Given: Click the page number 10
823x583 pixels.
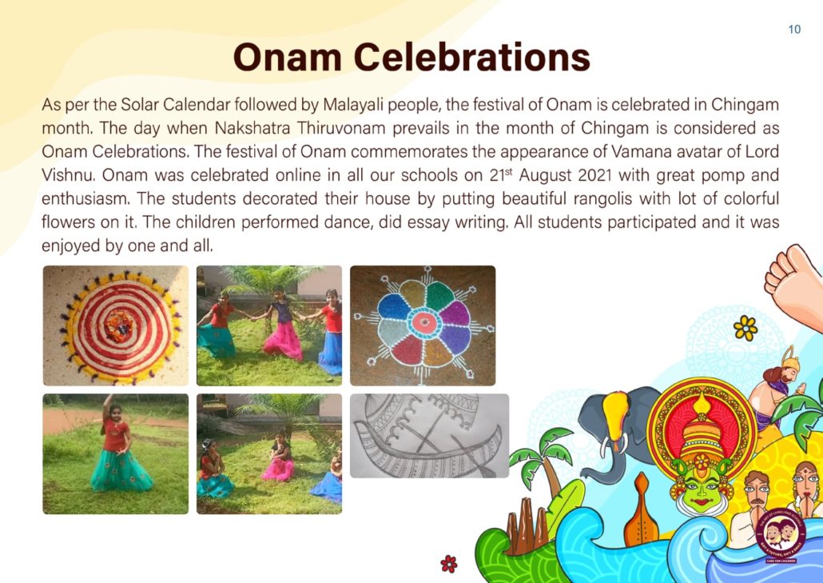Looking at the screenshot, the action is click(794, 30).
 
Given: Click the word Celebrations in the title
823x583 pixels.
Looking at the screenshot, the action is click(472, 57).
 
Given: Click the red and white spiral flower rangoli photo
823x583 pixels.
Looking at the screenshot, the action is click(116, 325).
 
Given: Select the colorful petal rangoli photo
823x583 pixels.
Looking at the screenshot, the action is click(423, 325).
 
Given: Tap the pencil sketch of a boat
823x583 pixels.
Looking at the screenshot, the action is click(429, 436).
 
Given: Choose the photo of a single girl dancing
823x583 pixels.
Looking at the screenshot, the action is click(116, 453).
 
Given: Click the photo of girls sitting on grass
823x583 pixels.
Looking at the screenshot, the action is click(269, 453).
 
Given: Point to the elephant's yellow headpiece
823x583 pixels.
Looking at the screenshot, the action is click(616, 415).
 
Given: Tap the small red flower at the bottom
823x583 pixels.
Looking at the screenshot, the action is click(449, 564).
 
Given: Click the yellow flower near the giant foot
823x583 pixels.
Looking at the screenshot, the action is click(745, 328).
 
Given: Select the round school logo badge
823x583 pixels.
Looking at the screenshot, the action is click(781, 536).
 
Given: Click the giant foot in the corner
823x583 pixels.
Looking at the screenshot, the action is click(793, 284).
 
